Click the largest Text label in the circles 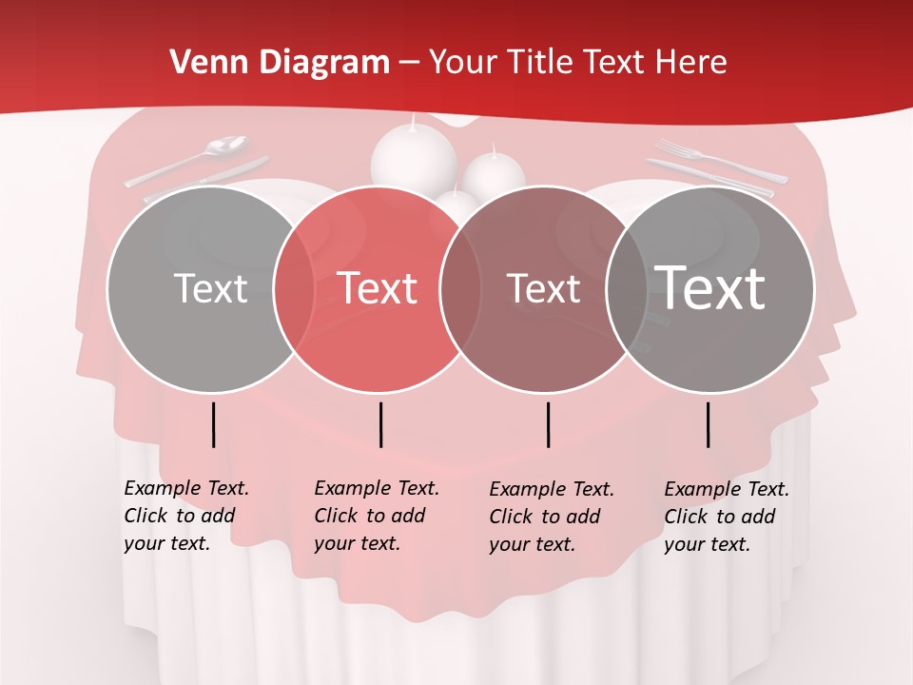click(710, 287)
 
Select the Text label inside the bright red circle click(378, 288)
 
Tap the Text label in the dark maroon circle click(544, 288)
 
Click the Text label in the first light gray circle click(210, 288)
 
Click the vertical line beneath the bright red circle click(380, 424)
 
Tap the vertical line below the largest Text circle click(709, 424)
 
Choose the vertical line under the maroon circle click(549, 424)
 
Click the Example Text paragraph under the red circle click(375, 516)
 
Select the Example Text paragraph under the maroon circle click(551, 517)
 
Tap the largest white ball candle click(414, 157)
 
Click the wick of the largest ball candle click(414, 120)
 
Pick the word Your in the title click(464, 63)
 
